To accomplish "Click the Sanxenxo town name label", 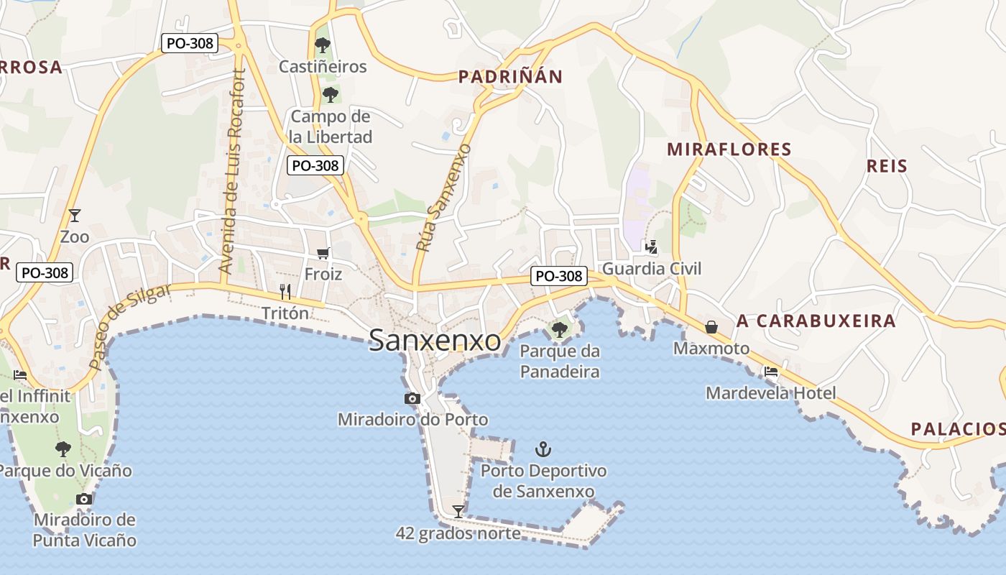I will click(435, 341).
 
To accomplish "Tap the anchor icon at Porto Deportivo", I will click(544, 450).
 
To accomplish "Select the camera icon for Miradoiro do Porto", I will click(412, 398).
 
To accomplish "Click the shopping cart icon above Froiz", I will click(323, 253).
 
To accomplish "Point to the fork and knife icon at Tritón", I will click(285, 291).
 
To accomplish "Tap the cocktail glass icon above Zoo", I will click(74, 215).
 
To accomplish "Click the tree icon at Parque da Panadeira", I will click(559, 330).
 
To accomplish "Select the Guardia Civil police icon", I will click(651, 247).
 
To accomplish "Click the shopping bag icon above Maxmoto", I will click(711, 327).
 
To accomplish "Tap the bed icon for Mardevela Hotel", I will click(771, 372).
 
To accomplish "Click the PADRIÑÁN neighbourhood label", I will click(510, 77).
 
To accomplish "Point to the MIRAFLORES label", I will click(729, 149).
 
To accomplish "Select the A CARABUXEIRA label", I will click(816, 321).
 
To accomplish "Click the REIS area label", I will click(887, 166).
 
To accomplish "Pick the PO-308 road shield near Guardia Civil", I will click(559, 275).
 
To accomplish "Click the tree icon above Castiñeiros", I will click(323, 46).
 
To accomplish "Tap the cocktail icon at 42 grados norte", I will click(458, 511).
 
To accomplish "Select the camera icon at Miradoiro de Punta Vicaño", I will click(84, 499).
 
